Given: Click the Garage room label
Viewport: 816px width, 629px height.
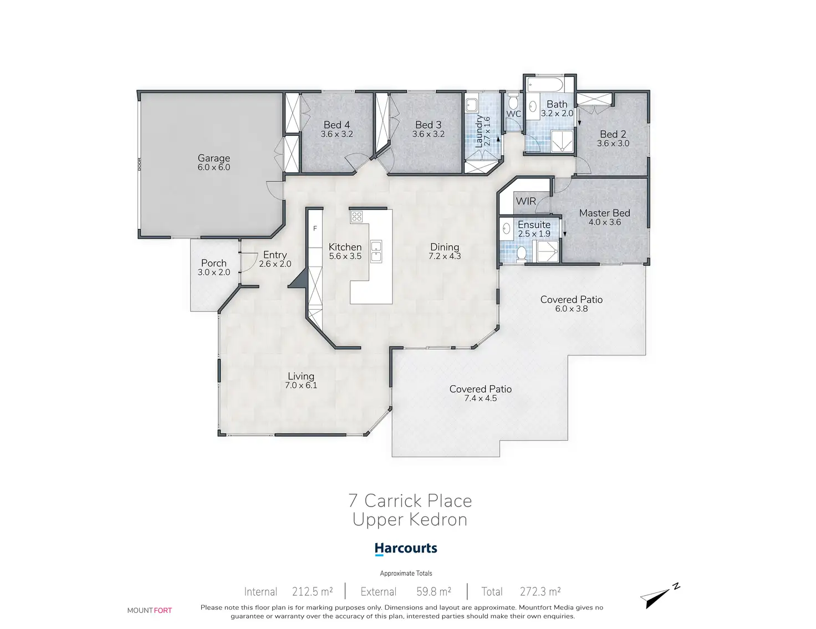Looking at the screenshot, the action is [x=213, y=158].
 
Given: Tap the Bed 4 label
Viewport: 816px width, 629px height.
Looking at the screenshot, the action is [x=336, y=125].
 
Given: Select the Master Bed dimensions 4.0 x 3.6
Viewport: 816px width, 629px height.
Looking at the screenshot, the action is [x=605, y=222].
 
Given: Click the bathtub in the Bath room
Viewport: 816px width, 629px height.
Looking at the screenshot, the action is [x=545, y=85].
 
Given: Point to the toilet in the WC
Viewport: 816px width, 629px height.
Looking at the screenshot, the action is [x=513, y=100].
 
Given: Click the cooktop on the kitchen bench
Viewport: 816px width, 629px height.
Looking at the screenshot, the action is [x=357, y=217].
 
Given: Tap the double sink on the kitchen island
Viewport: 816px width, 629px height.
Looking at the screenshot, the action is [x=376, y=252].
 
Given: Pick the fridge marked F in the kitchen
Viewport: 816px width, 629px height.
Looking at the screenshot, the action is [x=315, y=228].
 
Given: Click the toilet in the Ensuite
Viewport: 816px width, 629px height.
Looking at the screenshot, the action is [x=521, y=254].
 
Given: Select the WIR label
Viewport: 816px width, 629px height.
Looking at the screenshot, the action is [x=526, y=201].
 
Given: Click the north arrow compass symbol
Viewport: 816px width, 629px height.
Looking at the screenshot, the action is [x=660, y=596].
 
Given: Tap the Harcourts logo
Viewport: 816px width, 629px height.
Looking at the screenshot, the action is [x=406, y=549].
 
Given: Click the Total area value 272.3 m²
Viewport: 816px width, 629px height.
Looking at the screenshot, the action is [x=540, y=592].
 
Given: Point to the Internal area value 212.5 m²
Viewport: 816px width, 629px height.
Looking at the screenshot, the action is [x=313, y=592].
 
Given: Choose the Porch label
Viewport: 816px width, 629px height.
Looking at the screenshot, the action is [x=213, y=263].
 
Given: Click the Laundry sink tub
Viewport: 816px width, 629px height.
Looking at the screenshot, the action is [x=472, y=105].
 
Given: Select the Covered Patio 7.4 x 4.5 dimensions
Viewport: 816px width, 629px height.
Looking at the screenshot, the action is [x=480, y=398].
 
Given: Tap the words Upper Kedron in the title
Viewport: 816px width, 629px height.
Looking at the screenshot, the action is [x=410, y=520].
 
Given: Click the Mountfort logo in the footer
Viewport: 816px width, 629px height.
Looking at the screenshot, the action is [x=150, y=611].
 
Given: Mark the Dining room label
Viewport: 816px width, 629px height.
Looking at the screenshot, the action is [x=445, y=247].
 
